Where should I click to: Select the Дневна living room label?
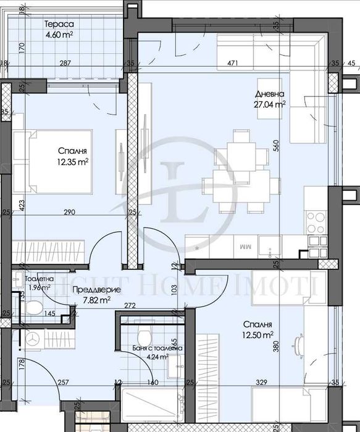click(270, 94)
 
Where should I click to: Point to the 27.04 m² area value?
click(270, 105)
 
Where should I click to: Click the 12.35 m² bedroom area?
click(73, 162)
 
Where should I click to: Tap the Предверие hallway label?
click(91, 289)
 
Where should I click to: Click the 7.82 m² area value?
click(96, 300)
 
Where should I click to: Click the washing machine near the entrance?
click(33, 339)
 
